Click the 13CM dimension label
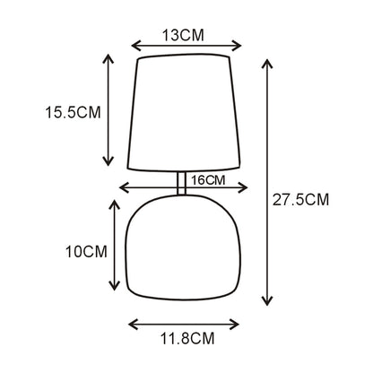click(x=183, y=35)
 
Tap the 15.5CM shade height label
click(x=73, y=113)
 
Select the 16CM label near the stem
click(x=208, y=180)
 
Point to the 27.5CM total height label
click(x=300, y=199)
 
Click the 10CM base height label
click(x=86, y=252)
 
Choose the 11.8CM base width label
click(x=187, y=339)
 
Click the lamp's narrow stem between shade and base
click(x=181, y=183)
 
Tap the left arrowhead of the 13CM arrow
click(x=135, y=46)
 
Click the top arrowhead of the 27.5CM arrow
click(x=267, y=64)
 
